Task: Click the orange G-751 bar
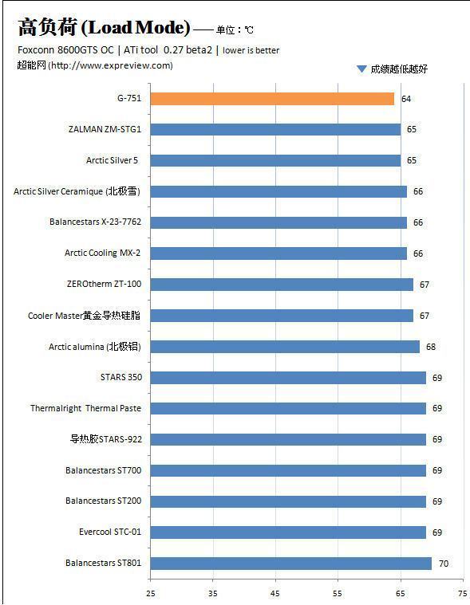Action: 272,99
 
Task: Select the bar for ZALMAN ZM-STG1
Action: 275,129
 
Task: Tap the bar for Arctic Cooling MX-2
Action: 278,253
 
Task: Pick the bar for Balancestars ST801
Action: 290,564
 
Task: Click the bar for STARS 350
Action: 288,378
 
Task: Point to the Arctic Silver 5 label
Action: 112,160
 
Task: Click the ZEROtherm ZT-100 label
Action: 104,284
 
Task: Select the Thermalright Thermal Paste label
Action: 85,408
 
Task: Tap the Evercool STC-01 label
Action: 110,532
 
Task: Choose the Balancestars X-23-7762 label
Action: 96,222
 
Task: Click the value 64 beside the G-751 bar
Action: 406,99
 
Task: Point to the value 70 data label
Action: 444,564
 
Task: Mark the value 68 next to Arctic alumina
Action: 431,347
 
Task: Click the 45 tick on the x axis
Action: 275,593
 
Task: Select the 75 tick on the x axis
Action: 463,593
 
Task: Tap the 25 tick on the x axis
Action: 151,593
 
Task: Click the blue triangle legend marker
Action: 361,69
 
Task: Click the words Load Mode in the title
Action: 136,27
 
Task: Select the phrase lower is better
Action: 251,50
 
